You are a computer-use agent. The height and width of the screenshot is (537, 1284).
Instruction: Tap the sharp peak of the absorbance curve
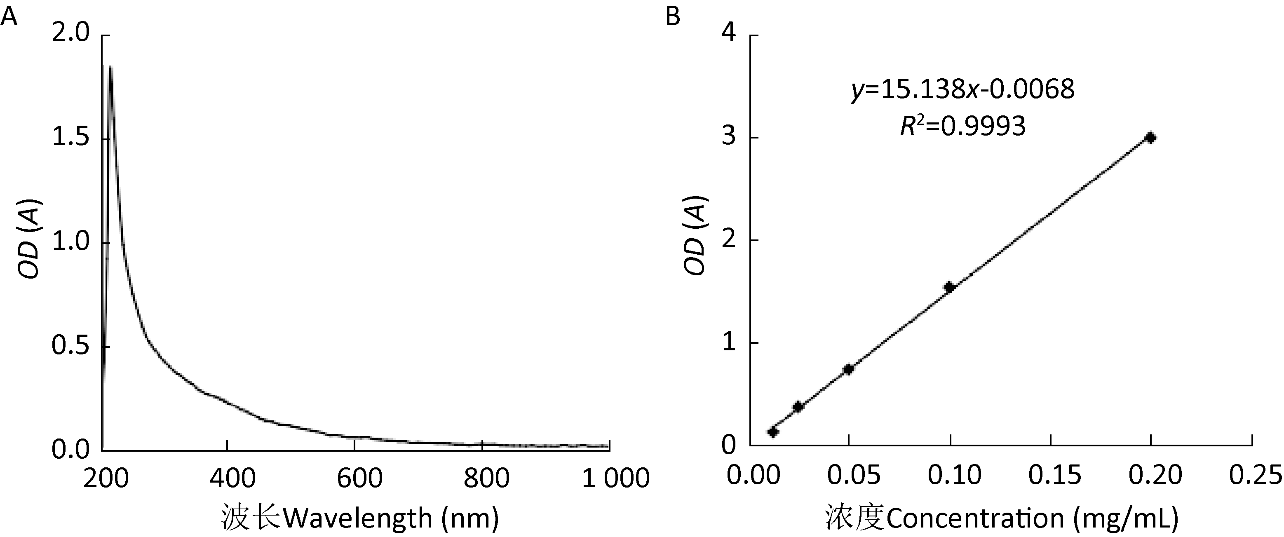(110, 67)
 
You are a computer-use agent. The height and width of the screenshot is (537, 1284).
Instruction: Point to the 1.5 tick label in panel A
(70, 138)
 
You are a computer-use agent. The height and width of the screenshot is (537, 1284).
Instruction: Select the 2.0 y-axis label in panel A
(70, 34)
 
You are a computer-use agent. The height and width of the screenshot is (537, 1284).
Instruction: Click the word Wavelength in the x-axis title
(357, 518)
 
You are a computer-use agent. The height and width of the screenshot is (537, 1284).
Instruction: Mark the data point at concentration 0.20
(1150, 138)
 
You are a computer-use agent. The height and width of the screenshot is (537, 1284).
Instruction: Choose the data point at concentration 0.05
(848, 369)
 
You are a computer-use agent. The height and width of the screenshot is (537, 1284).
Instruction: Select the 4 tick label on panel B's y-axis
(729, 35)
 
